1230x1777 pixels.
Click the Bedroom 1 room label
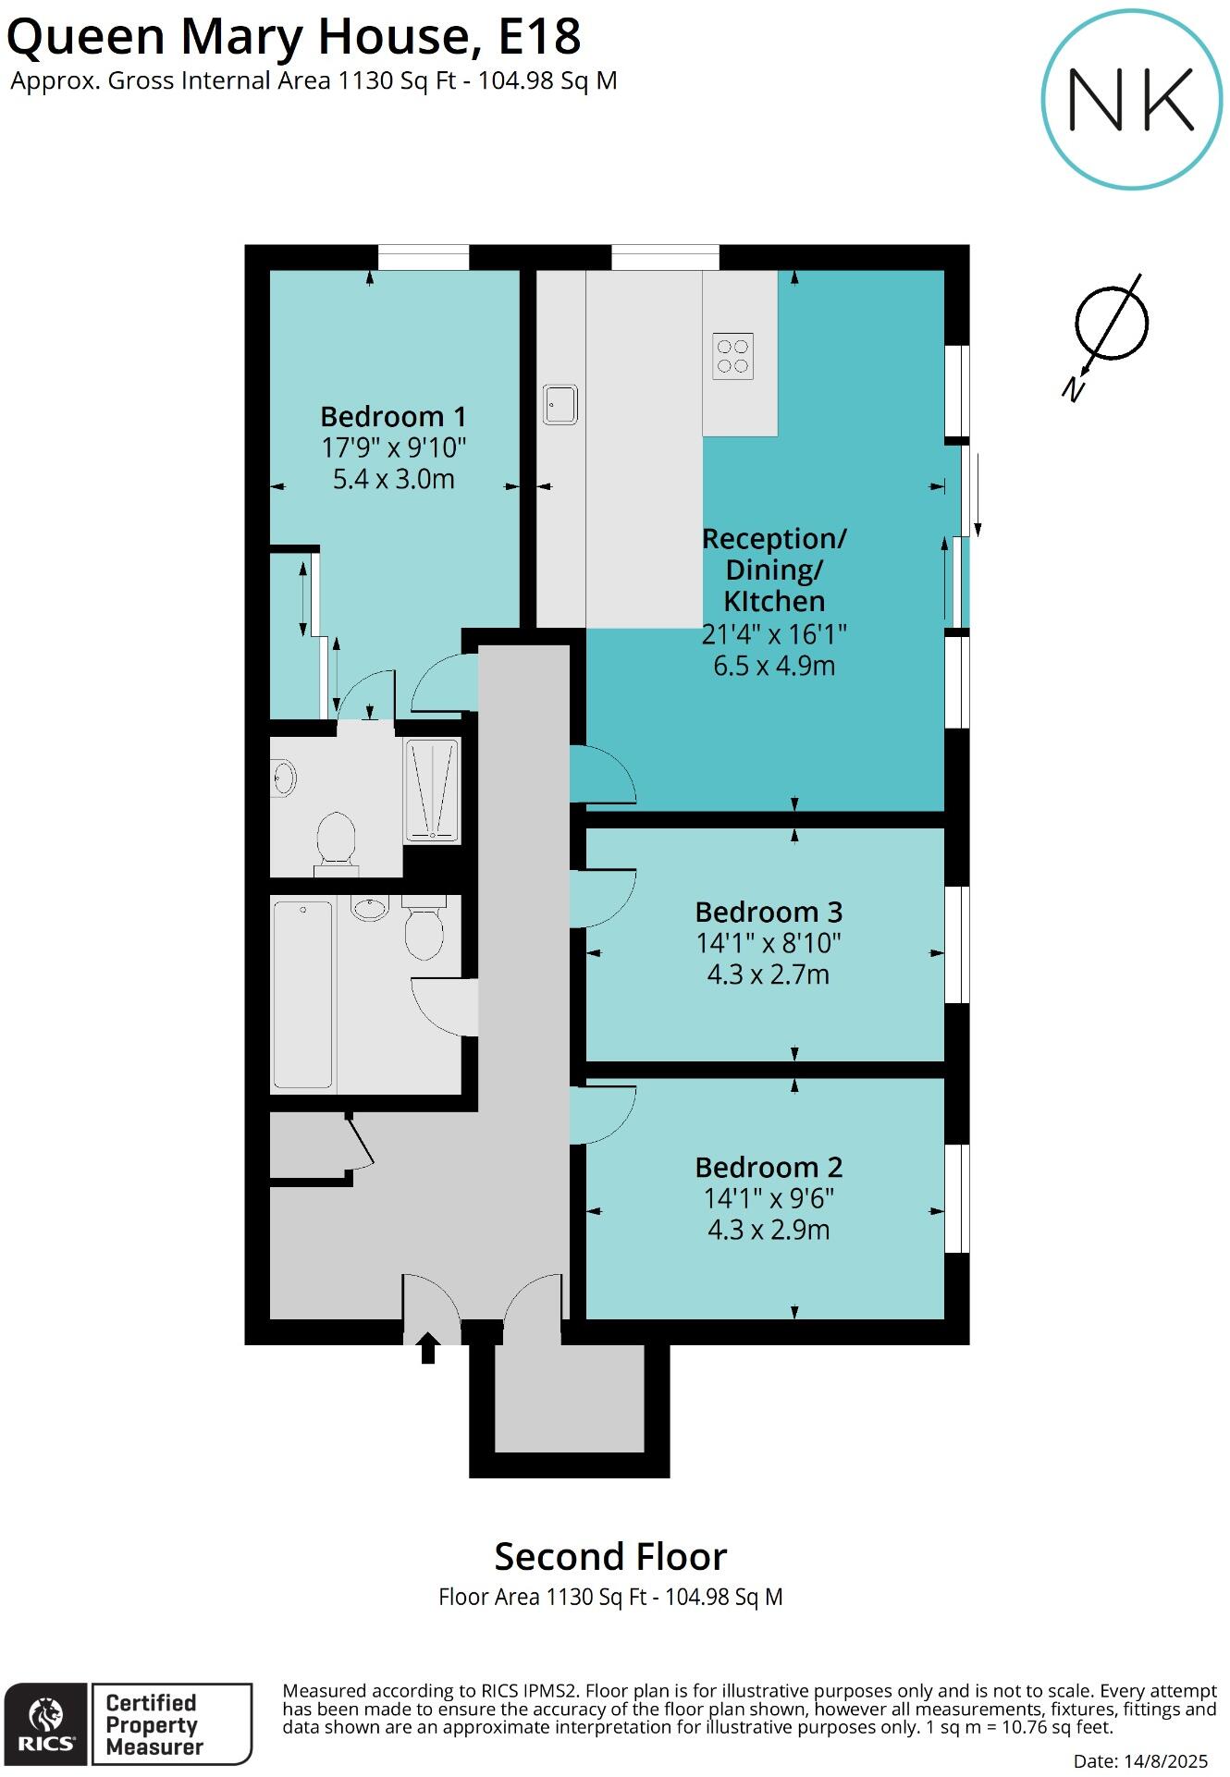[393, 416]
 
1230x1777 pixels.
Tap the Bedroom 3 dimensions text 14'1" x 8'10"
[768, 943]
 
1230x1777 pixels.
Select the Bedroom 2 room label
[768, 1167]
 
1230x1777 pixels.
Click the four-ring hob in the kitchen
[732, 356]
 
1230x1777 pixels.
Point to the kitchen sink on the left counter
[560, 404]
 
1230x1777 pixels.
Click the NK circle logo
[1131, 100]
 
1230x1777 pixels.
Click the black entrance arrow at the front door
[427, 1347]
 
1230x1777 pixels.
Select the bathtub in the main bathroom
[302, 994]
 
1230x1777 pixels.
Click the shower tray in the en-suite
[431, 790]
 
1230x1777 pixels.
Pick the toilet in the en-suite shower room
[336, 839]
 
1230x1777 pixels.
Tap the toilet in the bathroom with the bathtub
[424, 929]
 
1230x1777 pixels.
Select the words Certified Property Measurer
[154, 1724]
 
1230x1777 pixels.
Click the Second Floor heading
[610, 1557]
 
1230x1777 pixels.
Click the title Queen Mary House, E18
[294, 37]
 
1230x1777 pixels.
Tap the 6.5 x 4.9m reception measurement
[773, 666]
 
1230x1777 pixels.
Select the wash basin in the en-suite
[283, 777]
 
